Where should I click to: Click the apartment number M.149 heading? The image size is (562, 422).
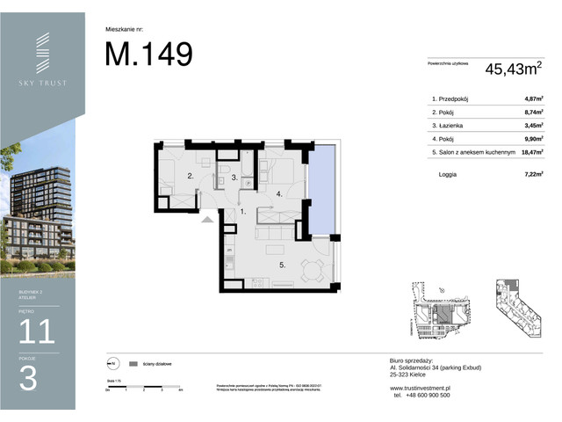tap(148, 55)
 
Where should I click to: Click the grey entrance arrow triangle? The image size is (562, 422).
tap(207, 220)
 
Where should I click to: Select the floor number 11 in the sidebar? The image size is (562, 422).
tap(37, 331)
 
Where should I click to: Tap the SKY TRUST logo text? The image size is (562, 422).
tap(43, 83)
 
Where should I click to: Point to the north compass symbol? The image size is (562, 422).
tap(112, 362)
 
